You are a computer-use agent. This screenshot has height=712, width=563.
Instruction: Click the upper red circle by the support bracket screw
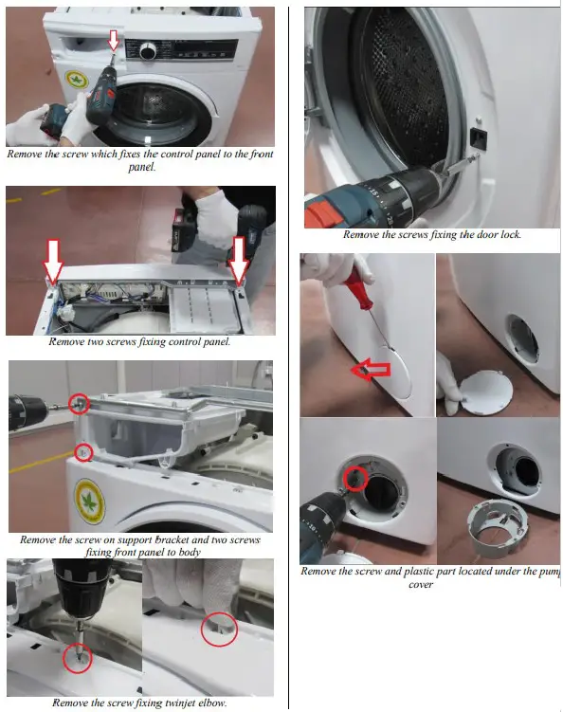[x=80, y=405]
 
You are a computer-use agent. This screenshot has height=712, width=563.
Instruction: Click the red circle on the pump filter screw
[x=356, y=479]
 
